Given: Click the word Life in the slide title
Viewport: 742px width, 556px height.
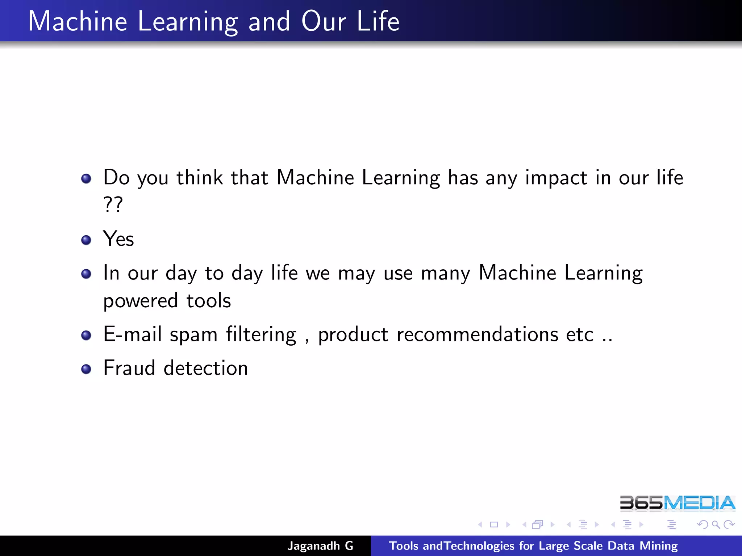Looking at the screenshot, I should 378,21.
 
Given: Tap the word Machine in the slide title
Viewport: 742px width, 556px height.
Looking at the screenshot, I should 78,21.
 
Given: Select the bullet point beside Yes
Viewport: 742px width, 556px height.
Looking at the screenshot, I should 86,240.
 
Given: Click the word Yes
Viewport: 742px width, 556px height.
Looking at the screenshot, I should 118,239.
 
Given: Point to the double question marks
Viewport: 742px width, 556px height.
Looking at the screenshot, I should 113,205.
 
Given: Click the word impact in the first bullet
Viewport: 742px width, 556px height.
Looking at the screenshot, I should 556,178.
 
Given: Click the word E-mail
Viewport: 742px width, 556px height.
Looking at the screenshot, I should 132,334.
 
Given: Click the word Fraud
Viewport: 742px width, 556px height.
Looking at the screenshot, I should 129,368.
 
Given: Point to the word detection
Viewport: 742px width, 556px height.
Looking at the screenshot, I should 206,368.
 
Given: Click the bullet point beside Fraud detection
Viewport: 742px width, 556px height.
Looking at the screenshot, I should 86,369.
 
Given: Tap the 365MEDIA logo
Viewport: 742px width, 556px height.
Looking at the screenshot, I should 677,503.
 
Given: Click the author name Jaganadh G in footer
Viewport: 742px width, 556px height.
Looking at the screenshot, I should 320,546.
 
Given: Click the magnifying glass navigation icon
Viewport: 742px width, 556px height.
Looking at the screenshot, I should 716,525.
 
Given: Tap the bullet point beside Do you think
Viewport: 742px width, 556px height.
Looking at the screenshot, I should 86,179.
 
